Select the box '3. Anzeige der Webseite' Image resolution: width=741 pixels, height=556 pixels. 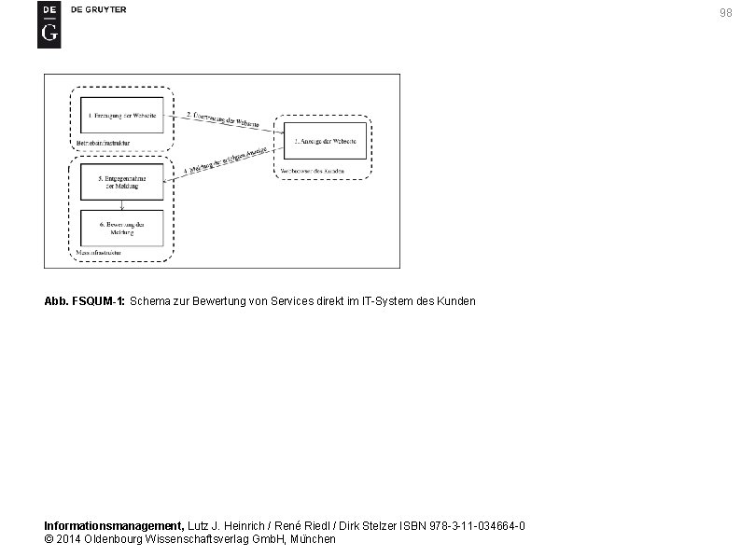point(322,141)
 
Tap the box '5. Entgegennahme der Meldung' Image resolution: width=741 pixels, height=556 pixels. point(121,181)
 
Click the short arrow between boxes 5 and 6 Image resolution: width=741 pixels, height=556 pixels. point(121,204)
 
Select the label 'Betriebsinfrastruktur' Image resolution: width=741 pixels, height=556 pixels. point(101,143)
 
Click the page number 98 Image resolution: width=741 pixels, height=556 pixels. point(725,13)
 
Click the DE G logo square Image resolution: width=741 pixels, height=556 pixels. point(49,24)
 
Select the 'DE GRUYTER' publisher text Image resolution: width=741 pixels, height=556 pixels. point(98,9)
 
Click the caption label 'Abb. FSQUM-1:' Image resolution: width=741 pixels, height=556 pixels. point(86,301)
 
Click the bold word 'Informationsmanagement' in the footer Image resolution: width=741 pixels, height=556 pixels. point(115,526)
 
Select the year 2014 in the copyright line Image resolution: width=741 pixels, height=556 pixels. point(69,539)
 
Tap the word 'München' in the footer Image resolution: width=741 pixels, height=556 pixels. point(314,539)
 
